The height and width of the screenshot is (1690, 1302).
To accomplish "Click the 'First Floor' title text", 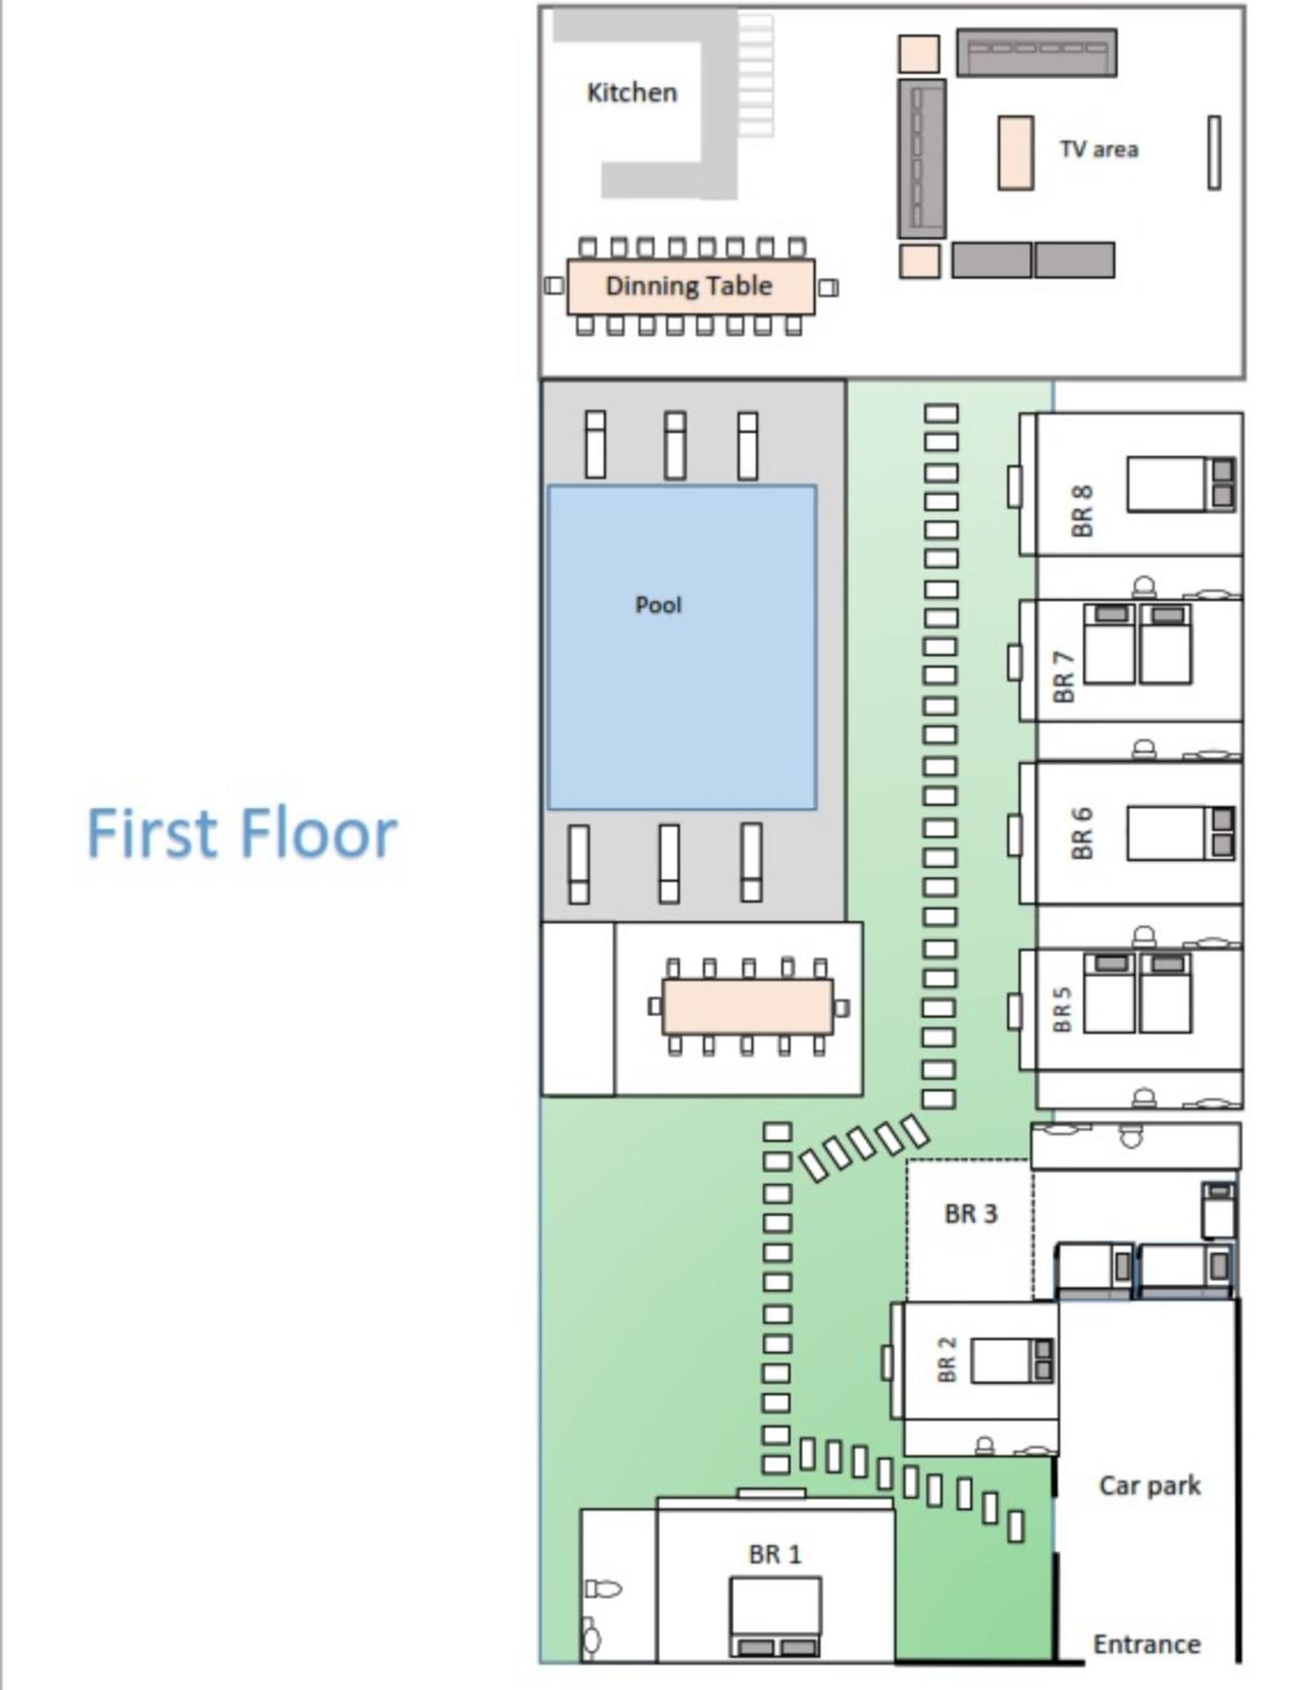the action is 242,833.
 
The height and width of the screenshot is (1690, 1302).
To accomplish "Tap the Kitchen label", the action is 632,93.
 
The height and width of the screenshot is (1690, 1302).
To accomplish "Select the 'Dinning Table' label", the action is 689,286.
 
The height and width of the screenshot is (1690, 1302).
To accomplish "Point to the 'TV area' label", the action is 1099,149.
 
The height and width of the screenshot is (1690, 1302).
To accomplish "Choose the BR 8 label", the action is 1082,511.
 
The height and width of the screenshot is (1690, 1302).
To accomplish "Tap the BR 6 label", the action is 1082,833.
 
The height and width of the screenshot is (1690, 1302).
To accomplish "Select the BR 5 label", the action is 1063,1009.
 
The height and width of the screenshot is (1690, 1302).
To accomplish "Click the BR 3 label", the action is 971,1213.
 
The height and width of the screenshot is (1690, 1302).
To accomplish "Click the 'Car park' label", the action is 1149,1485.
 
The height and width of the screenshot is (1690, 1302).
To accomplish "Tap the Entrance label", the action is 1146,1644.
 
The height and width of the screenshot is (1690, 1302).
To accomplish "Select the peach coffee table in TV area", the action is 1016,153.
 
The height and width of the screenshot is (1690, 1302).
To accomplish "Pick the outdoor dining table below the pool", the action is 748,1007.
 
